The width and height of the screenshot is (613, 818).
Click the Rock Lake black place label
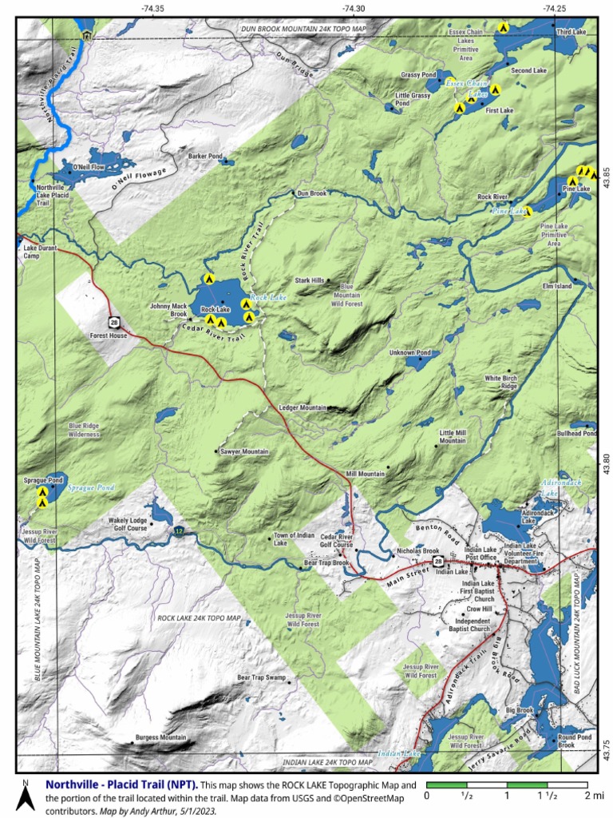click(x=216, y=309)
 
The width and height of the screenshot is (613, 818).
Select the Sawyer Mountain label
click(x=244, y=452)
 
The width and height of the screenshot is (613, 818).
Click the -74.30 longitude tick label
click(x=354, y=8)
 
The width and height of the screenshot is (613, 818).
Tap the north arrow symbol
click(x=26, y=796)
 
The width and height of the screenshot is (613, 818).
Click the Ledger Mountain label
click(x=303, y=407)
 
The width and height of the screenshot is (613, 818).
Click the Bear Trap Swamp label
click(x=261, y=677)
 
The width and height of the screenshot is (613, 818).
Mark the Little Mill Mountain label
click(x=453, y=436)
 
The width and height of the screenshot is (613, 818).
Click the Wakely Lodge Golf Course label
click(x=128, y=524)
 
